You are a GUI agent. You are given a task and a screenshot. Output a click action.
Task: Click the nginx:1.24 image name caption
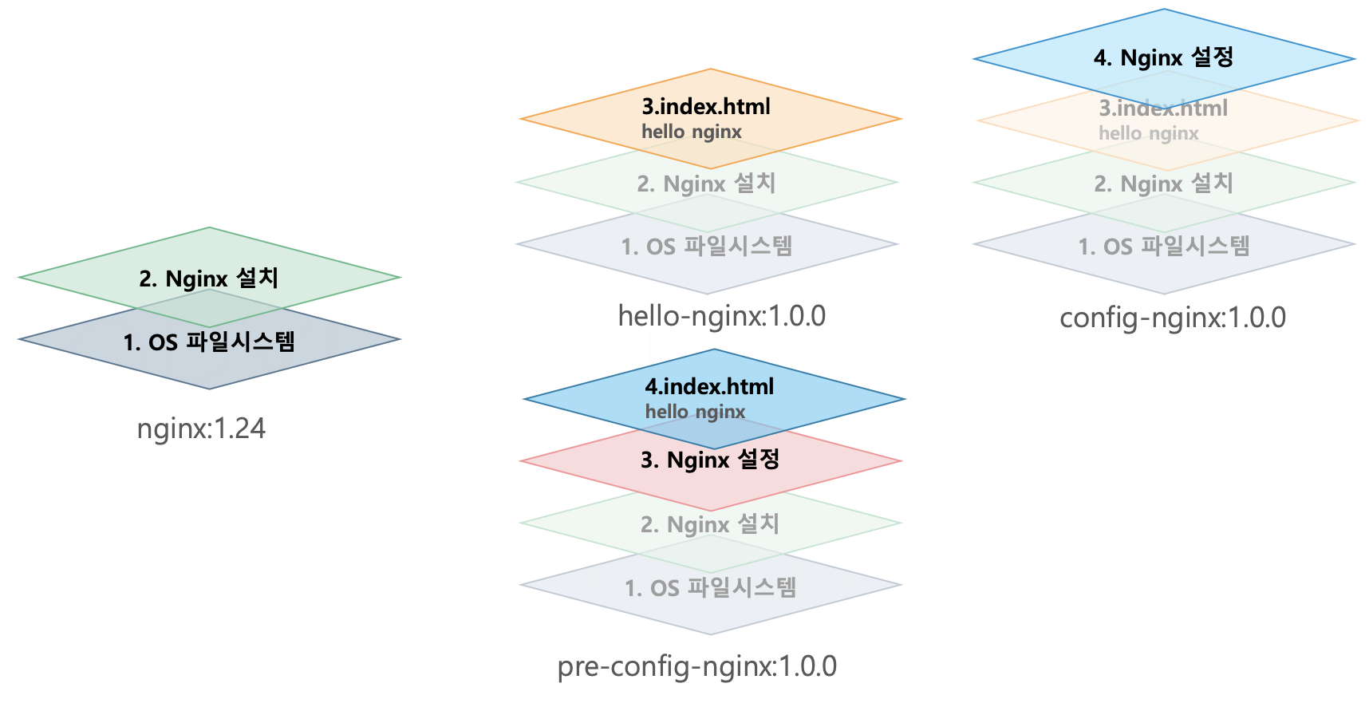[201, 429]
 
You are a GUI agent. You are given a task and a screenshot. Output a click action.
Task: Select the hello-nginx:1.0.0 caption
[721, 317]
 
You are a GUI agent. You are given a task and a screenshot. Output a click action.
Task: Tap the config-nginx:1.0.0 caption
[1172, 318]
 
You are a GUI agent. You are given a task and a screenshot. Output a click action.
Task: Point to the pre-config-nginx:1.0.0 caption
[696, 666]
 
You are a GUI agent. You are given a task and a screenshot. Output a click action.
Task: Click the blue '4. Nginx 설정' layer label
[1163, 57]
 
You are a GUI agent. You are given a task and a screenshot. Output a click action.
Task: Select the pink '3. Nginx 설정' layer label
[709, 460]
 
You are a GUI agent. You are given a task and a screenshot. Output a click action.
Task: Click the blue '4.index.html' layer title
[709, 387]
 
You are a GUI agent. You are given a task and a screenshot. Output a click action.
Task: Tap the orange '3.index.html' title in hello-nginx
[706, 107]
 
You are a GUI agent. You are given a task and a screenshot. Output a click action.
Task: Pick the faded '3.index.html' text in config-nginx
[1162, 109]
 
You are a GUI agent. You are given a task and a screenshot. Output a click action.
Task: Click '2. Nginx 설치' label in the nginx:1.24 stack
[208, 278]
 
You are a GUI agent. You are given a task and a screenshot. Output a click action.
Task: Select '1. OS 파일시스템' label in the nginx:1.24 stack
[209, 342]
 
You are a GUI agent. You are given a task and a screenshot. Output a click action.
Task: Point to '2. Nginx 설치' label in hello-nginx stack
[706, 184]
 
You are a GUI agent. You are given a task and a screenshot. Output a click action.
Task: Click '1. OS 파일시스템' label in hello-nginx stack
[706, 247]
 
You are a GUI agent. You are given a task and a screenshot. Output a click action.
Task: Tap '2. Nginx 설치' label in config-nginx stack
[1163, 184]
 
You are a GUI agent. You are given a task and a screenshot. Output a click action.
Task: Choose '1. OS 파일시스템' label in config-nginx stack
[1163, 247]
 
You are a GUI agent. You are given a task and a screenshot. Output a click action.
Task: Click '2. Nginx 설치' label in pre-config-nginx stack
[709, 524]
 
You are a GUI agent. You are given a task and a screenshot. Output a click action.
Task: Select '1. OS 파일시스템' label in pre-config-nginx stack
[710, 588]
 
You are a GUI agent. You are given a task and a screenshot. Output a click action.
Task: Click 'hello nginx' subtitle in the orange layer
[692, 132]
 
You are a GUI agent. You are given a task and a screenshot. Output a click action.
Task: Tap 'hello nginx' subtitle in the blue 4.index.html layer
[695, 413]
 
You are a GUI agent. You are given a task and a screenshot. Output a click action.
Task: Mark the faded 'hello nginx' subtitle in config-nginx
[1148, 134]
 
